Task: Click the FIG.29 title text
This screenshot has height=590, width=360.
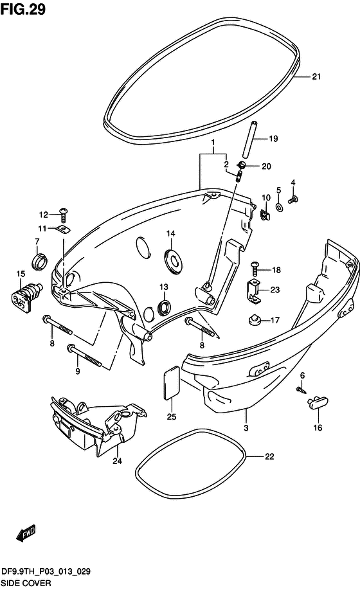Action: pyautogui.click(x=23, y=9)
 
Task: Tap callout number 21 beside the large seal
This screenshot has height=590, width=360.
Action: pyautogui.click(x=316, y=76)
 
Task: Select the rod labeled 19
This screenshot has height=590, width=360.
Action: pyautogui.click(x=250, y=140)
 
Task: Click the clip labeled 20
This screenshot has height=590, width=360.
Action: pyautogui.click(x=240, y=165)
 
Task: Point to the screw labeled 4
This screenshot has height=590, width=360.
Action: pyautogui.click(x=292, y=199)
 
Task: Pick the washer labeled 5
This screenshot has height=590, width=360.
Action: pyautogui.click(x=280, y=206)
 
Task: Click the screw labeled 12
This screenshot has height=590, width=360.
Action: pyautogui.click(x=63, y=216)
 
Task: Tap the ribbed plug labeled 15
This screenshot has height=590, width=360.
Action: pyautogui.click(x=26, y=296)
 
